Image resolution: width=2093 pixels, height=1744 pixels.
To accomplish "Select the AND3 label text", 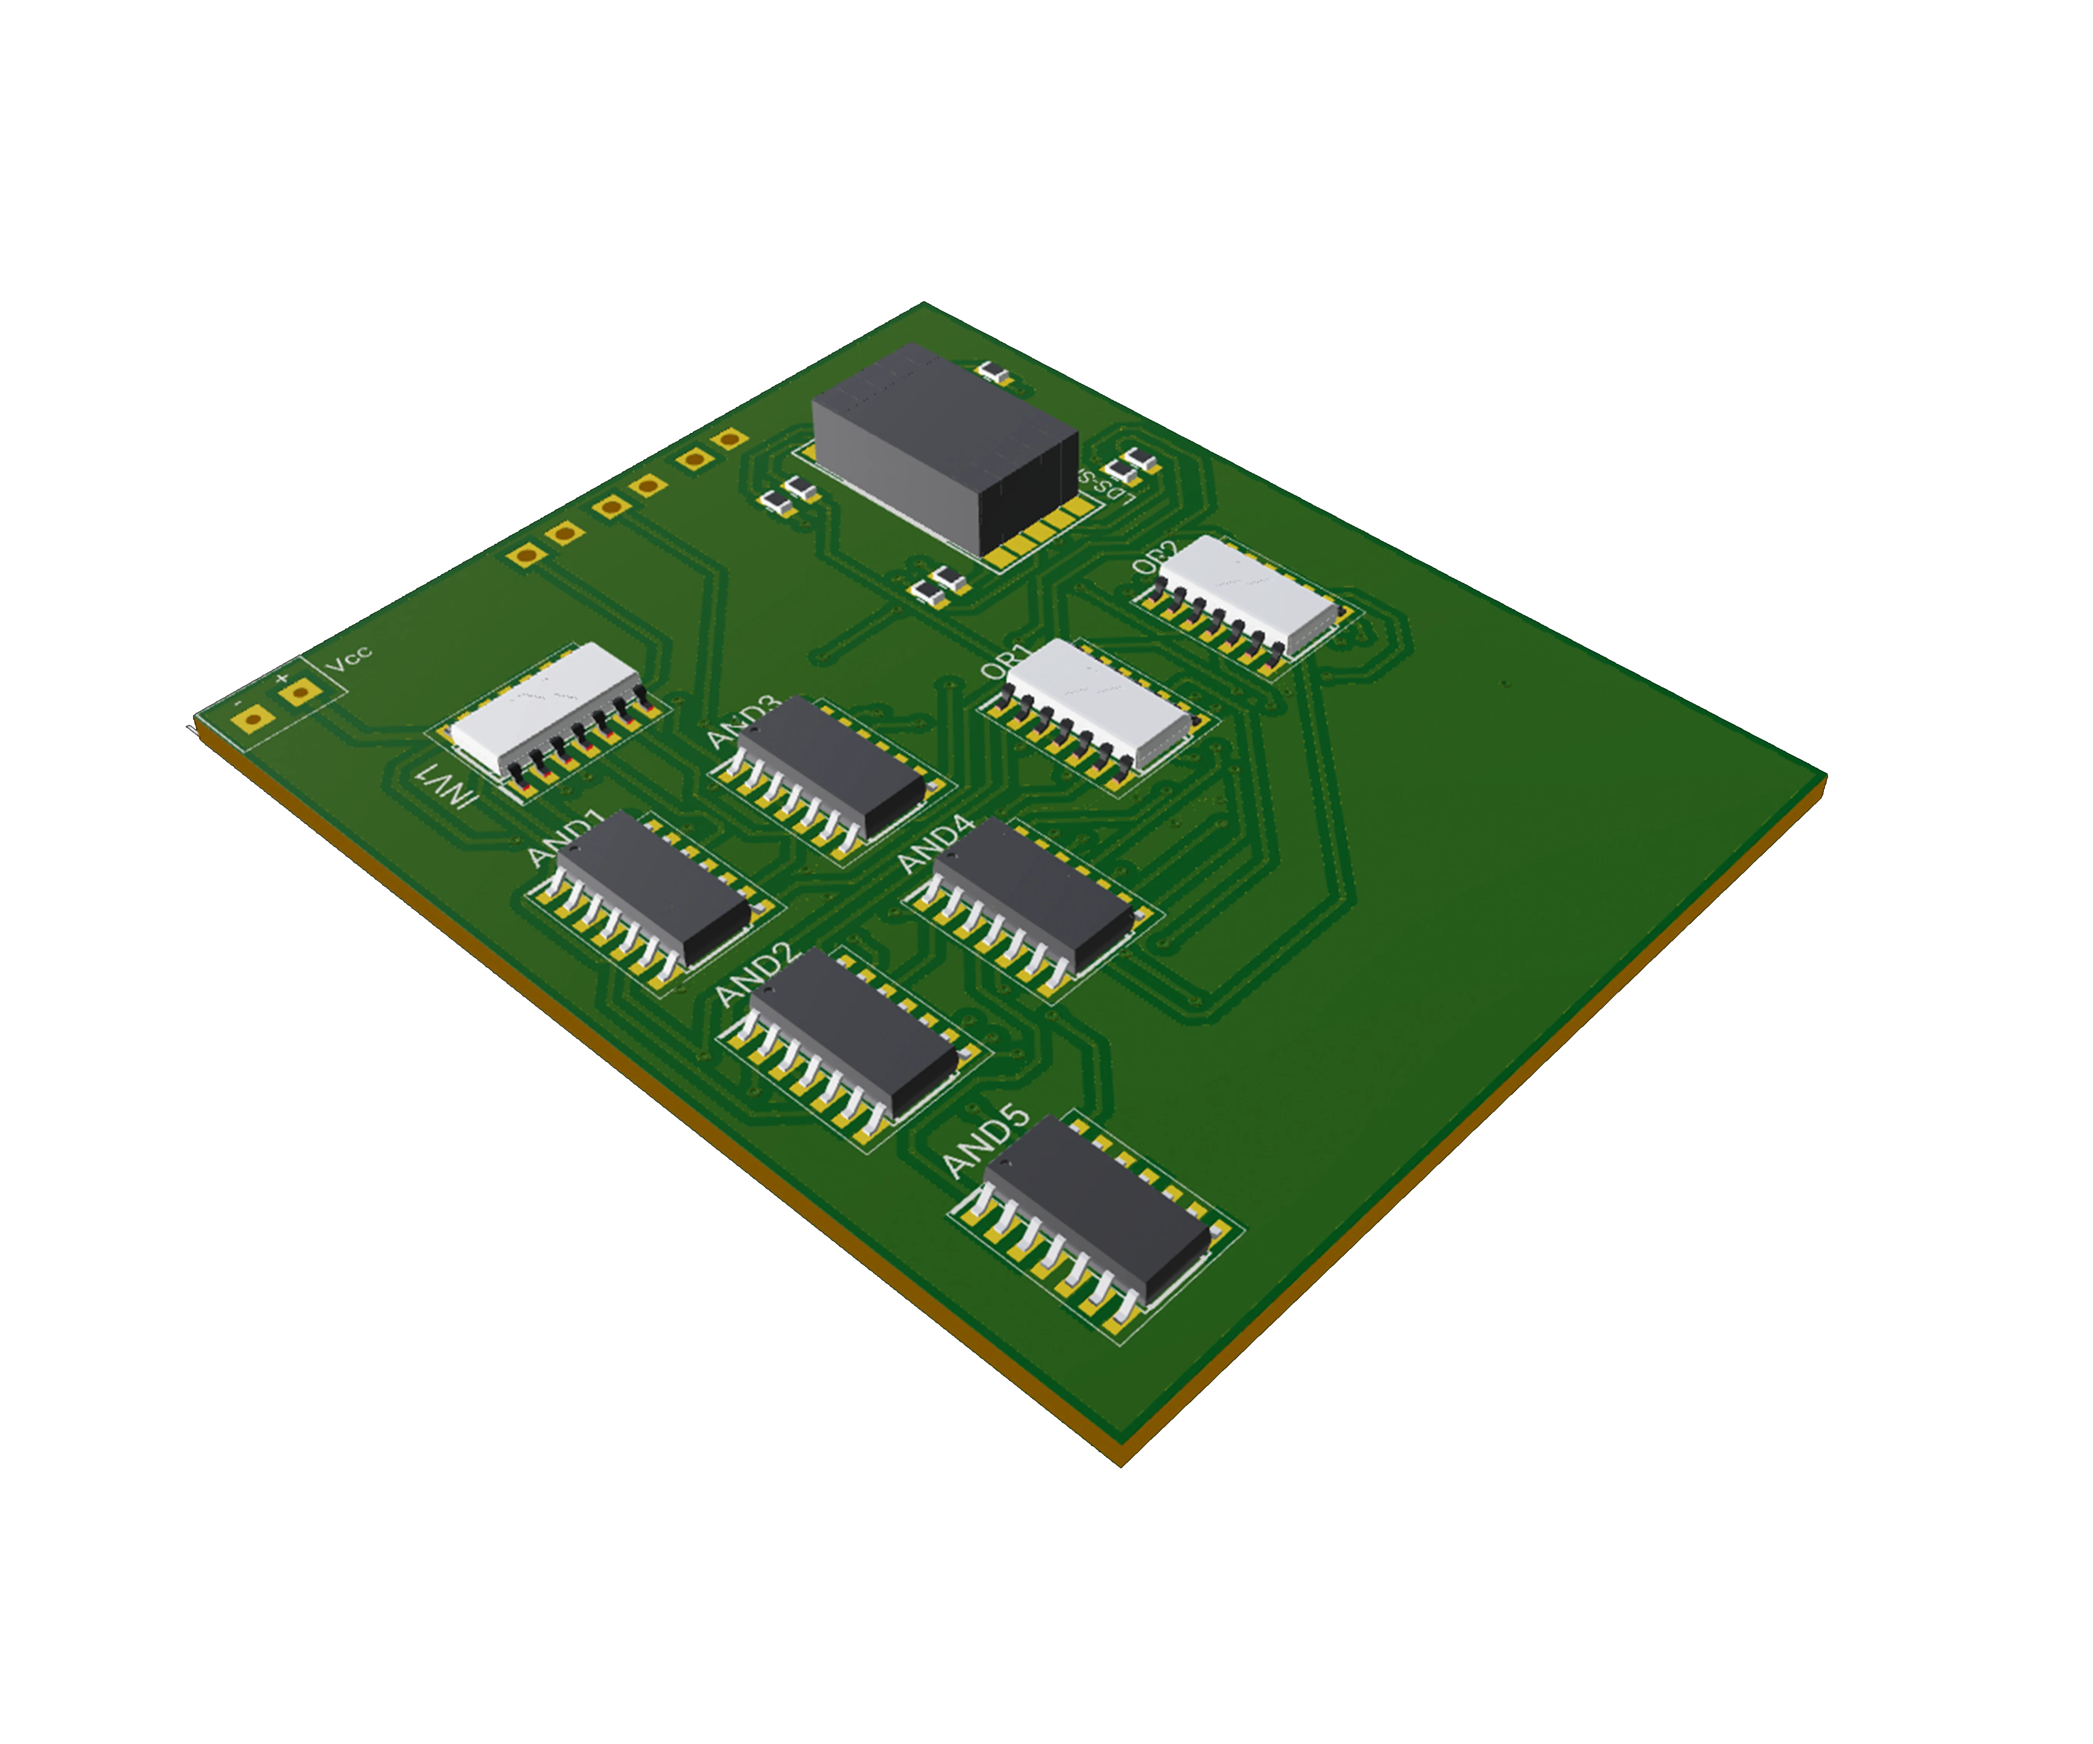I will (743, 723).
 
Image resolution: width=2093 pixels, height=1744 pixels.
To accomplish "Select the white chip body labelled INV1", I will (543, 703).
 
